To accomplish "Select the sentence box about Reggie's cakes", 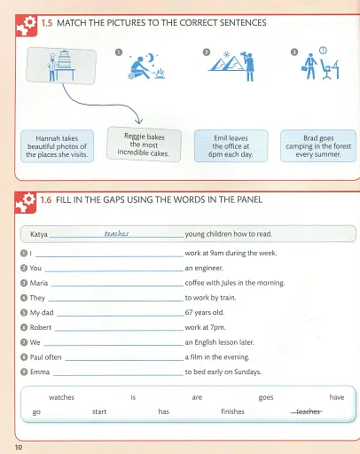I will point(143,143).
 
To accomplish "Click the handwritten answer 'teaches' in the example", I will point(117,235).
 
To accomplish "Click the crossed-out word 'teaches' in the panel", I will point(308,412).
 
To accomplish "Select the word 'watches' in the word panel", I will point(62,398).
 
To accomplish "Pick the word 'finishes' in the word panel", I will point(235,412).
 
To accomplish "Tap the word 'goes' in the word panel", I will point(266,398).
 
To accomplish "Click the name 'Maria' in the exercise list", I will point(39,283).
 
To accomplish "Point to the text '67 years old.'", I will point(210,312).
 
